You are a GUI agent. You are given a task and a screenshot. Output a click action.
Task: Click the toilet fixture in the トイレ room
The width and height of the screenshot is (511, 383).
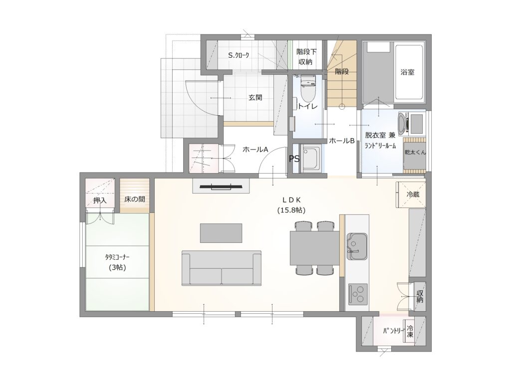pos(307,89)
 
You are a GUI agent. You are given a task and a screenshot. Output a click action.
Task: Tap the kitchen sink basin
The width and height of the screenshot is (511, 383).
pos(357,246)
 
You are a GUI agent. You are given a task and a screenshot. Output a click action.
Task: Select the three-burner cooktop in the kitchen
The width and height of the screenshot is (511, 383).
pos(358,294)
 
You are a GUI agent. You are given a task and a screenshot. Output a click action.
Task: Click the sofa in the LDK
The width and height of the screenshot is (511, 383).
pos(222,268)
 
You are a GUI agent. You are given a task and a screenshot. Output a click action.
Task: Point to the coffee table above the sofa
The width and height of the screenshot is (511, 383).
pos(221,233)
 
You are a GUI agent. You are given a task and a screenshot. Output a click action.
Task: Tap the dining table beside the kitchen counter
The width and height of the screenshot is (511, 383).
pos(315,248)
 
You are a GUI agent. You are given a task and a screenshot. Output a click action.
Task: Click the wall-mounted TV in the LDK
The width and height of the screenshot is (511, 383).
pos(221,187)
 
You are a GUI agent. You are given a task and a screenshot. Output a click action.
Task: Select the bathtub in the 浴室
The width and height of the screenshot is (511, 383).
pos(409,73)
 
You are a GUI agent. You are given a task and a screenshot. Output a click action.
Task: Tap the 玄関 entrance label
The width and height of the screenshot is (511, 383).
pos(255,97)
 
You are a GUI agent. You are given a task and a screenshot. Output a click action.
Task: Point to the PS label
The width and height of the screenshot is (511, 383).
pos(294,159)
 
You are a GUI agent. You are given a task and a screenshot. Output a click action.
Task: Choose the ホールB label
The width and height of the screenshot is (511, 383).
pos(341,141)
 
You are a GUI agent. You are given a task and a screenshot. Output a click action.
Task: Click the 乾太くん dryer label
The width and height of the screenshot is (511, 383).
pos(415,152)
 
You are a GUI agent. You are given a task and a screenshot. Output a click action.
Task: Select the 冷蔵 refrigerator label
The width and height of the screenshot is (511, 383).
pos(413,195)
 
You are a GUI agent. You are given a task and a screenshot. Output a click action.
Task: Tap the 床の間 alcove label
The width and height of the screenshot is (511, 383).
pos(135,199)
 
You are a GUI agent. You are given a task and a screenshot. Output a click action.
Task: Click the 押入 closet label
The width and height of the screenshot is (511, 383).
pos(100,200)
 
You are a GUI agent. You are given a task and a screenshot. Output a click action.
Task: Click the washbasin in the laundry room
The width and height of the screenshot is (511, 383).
pos(404,124)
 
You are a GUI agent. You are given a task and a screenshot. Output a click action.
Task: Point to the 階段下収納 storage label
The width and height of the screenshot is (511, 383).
pos(306,57)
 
